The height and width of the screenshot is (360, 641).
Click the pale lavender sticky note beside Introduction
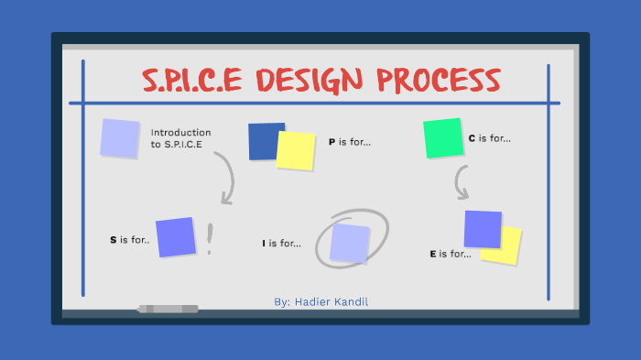click(x=120, y=137)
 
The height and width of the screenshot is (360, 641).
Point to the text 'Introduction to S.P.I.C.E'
click(x=180, y=137)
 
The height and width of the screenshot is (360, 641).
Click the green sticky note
click(x=443, y=137)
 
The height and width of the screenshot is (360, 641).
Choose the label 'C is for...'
click(x=489, y=138)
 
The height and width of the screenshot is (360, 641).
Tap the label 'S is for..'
click(x=129, y=240)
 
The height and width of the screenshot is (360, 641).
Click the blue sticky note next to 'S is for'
click(x=176, y=236)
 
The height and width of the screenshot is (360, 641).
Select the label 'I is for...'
click(x=281, y=243)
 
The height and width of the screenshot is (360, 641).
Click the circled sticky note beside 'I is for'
click(x=350, y=243)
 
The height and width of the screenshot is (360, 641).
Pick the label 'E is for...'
click(x=450, y=254)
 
